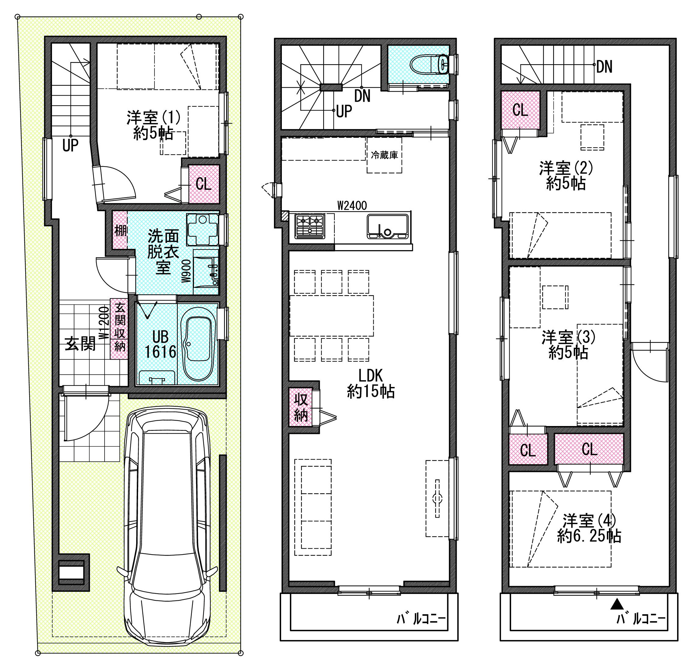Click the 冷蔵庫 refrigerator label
pos(384,155)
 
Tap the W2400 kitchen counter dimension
pos(352,206)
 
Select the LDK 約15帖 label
pos(371,383)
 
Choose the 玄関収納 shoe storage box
pos(119,329)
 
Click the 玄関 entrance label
pos(80,344)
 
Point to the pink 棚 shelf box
pos(120,230)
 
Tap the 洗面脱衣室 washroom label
pos(163,251)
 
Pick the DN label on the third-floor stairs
pos(604,67)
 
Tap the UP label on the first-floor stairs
pos(70,145)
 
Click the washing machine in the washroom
pos(202,229)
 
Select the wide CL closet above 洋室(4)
pos(589,449)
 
